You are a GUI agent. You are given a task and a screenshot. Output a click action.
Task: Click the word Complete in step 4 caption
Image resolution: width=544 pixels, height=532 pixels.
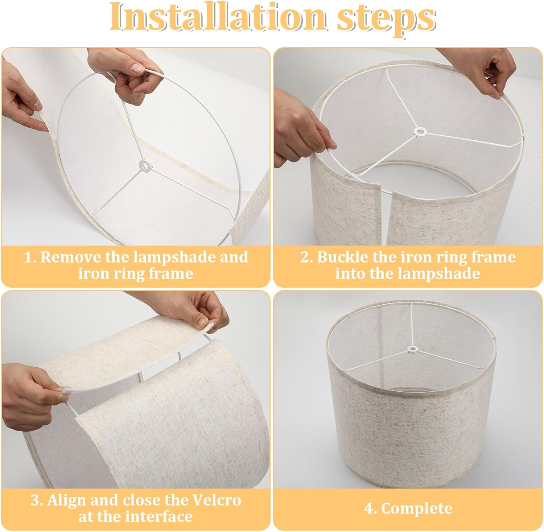click(x=417, y=508)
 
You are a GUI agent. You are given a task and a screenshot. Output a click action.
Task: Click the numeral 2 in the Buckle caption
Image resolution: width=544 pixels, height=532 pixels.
click(x=304, y=257)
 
